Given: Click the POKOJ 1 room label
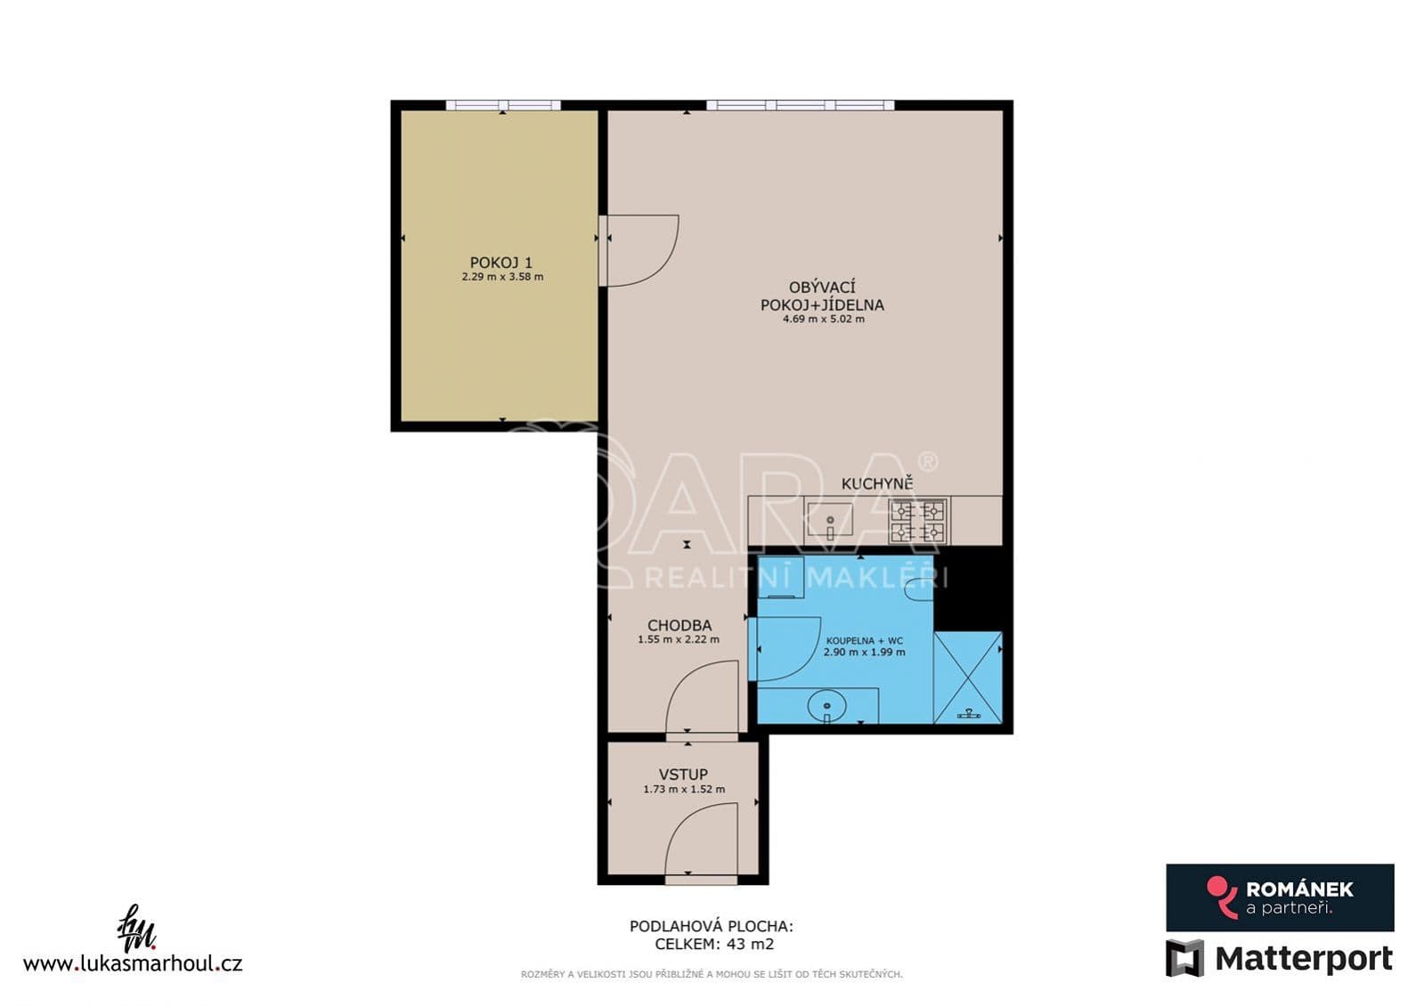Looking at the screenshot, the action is (501, 262).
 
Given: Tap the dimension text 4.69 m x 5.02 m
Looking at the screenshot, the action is (823, 319).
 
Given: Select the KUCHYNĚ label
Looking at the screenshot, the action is (876, 483).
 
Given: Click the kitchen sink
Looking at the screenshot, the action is (830, 520).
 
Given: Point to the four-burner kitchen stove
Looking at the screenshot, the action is (918, 521).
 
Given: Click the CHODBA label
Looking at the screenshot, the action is (679, 626).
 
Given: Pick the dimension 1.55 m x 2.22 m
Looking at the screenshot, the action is (679, 639).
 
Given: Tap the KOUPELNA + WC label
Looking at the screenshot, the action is (863, 641).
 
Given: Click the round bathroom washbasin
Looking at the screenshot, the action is (827, 706).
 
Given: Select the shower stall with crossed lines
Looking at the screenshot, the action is (967, 678).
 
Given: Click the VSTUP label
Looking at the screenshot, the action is (683, 775).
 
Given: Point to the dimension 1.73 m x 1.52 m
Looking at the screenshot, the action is (684, 790).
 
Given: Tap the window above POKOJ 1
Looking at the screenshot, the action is (503, 106).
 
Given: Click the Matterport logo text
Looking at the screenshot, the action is (1303, 959).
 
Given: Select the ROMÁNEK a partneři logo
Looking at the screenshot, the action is (1280, 897).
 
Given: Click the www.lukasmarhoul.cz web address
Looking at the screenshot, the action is (132, 963).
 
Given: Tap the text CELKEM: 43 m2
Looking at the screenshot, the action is (714, 944).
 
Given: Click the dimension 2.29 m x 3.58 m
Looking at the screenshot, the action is (502, 277).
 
